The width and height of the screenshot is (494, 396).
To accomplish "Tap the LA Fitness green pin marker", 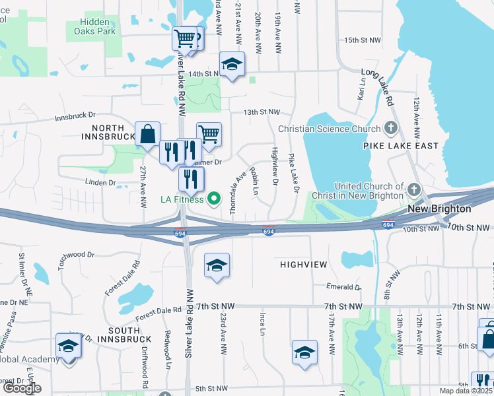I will click(214, 197).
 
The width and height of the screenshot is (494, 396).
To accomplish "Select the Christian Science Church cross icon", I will click(391, 128).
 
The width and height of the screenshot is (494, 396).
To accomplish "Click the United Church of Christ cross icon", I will click(413, 190).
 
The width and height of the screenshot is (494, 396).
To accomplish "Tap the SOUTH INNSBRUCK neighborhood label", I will click(124, 334).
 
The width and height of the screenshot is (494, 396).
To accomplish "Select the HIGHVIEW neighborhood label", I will click(304, 264).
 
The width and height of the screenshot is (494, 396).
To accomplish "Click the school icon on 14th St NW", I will click(232, 64).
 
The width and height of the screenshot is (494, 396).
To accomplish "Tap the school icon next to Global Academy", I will click(68, 345).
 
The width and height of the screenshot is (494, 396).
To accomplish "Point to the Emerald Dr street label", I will click(343, 287).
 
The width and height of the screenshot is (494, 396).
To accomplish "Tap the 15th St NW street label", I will click(363, 40).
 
